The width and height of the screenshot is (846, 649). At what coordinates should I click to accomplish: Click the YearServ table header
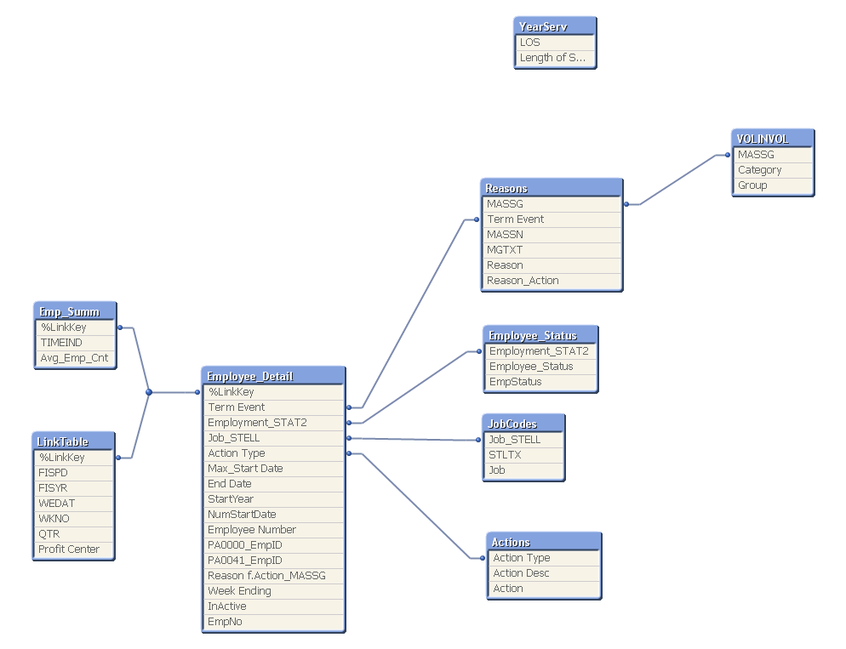[x=555, y=26]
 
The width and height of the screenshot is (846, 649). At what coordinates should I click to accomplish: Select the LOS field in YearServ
[x=555, y=43]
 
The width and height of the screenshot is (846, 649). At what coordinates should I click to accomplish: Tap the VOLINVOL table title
[x=773, y=139]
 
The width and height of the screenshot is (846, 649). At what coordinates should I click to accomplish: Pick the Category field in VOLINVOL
[x=773, y=170]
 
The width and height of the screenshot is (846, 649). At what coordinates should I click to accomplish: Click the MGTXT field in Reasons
[x=552, y=250]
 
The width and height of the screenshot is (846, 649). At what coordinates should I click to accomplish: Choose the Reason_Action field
[x=552, y=281]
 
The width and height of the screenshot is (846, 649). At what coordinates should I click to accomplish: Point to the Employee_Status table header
[x=540, y=335]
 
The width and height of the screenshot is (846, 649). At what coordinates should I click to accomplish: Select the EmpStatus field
[x=540, y=382]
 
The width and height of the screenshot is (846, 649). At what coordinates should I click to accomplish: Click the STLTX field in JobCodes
[x=523, y=455]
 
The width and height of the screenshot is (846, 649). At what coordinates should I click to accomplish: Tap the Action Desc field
[x=545, y=573]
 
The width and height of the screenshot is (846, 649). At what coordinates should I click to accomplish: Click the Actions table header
[x=545, y=542]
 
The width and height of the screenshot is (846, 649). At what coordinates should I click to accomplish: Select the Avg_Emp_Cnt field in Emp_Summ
[x=75, y=358]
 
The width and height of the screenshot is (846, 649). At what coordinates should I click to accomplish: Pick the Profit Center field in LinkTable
[x=73, y=549]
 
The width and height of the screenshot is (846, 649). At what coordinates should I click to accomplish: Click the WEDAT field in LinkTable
[x=73, y=504]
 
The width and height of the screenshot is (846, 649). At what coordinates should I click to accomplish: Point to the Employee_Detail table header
[x=273, y=376]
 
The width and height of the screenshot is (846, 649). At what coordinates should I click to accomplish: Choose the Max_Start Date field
[x=273, y=469]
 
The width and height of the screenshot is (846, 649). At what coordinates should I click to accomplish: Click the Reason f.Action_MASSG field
[x=273, y=576]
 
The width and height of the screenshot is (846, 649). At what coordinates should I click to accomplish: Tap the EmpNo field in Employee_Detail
[x=273, y=622]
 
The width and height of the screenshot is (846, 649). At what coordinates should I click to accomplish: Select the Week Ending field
[x=273, y=591]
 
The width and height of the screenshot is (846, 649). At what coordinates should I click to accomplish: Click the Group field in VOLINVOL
[x=773, y=185]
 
